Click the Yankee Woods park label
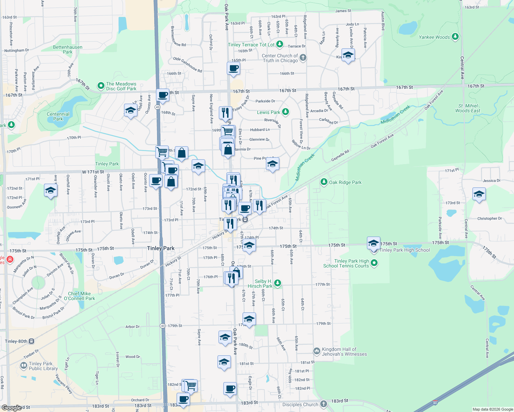point(434,37)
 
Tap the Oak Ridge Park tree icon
point(324,182)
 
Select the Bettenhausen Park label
point(68,49)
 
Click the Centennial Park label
point(58,116)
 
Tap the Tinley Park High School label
point(404,250)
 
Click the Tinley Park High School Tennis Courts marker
point(375,263)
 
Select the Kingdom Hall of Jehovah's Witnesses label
point(344,352)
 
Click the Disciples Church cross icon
point(323,404)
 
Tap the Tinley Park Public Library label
point(43,366)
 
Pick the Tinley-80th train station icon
point(31,341)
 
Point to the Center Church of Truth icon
point(303,57)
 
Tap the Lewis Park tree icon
point(285,112)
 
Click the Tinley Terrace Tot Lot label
point(251,45)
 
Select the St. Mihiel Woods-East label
point(468,108)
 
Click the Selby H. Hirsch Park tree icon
point(278,283)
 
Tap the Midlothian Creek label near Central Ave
point(395,115)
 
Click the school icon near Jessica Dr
point(479,195)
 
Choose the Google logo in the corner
point(12,408)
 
